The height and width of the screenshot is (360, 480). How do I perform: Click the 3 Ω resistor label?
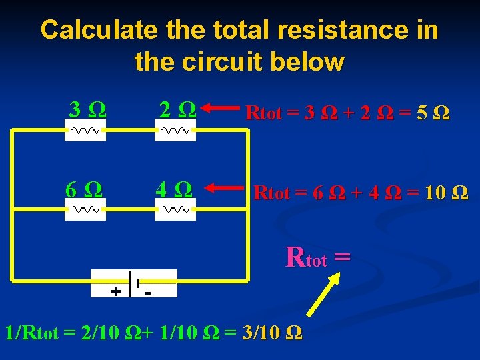[87, 109]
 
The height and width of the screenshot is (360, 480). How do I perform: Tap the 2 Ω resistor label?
[177, 109]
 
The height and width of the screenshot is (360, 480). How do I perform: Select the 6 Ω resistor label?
[84, 189]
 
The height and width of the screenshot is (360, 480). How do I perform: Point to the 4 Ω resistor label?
[174, 189]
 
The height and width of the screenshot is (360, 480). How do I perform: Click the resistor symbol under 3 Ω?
[85, 131]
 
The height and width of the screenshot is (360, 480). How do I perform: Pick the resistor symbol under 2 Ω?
[175, 131]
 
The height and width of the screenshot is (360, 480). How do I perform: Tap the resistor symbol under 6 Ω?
[85, 209]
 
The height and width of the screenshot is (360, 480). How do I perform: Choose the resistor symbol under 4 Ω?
[175, 209]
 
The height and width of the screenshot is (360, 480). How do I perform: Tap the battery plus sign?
[116, 291]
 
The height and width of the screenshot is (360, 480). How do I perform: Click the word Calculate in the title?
[98, 30]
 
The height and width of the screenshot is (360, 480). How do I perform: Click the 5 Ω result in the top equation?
[432, 113]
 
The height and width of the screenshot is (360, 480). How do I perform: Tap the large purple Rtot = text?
[317, 257]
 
